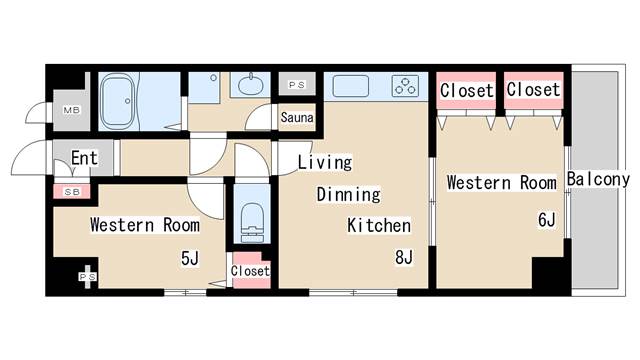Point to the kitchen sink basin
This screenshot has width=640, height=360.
349,86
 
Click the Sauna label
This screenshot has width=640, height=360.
297,118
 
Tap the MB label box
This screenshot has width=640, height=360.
73,109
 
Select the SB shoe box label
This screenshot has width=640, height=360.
71,190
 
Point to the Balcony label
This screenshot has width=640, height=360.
597,180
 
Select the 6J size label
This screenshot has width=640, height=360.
546,220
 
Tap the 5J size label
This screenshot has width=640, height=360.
189,259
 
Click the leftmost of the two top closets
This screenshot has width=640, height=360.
467,90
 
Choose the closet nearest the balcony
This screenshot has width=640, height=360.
533,90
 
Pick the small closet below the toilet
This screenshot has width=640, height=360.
250,271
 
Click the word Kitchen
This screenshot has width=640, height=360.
378,226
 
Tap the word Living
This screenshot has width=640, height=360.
325,162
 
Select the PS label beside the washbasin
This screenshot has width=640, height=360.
296,86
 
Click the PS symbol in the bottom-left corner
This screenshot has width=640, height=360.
88,277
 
